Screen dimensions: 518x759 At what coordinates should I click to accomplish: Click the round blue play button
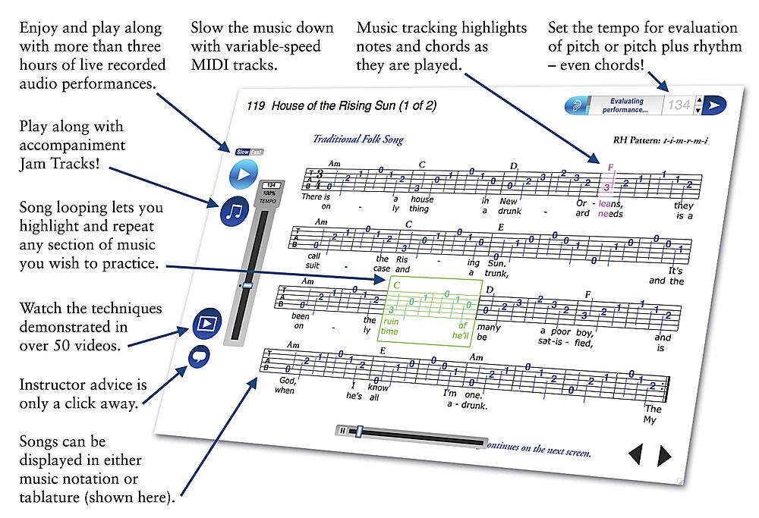pos(244,174)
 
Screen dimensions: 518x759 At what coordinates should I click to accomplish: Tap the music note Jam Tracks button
pos(235,211)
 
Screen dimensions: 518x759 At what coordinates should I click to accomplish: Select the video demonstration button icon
pos(206,324)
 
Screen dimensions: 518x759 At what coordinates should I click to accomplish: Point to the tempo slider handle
pos(247,286)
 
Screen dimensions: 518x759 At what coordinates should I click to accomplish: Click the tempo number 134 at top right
pos(679,105)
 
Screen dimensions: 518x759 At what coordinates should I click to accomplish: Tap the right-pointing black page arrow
pos(664,455)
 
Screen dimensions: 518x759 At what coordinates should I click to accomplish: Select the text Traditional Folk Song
pos(358,140)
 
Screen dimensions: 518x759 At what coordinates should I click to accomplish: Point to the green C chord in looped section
pos(396,286)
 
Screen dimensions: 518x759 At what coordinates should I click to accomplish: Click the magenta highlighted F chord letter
pos(609,166)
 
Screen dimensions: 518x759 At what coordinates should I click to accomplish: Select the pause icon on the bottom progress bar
pos(343,431)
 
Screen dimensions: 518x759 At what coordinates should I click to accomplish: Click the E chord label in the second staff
pos(501,226)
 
